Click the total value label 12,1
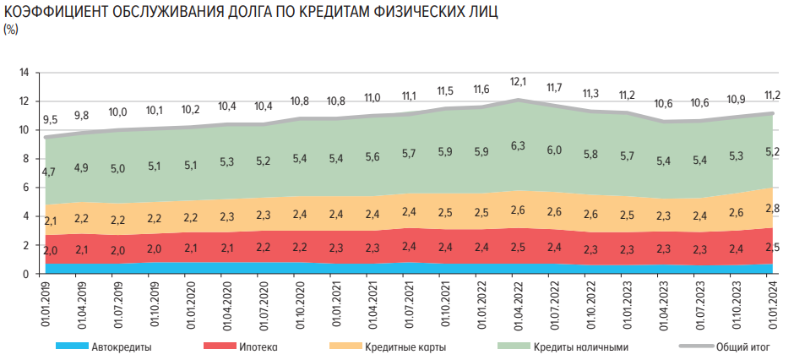(x=519, y=82)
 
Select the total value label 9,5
(x=50, y=120)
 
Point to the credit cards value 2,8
(x=772, y=208)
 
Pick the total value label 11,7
(x=555, y=87)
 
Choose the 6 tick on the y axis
(x=26, y=187)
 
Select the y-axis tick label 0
(x=26, y=274)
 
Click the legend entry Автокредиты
(x=118, y=346)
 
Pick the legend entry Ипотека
(x=258, y=346)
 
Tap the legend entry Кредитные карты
(x=405, y=346)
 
